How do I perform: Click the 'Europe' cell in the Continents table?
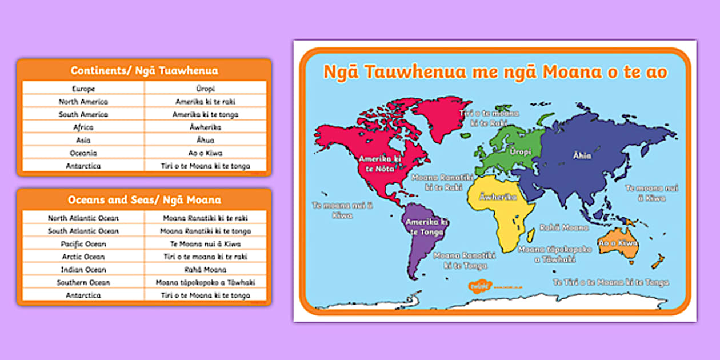pos(83,89)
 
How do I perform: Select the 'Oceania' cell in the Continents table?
pos(83,153)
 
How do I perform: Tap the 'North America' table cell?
pos(83,102)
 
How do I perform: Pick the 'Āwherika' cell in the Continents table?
pos(205,127)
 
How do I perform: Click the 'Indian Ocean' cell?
pos(83,270)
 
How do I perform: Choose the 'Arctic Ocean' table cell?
pos(83,257)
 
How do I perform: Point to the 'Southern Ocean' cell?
pos(83,282)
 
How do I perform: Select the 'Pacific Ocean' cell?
pos(83,244)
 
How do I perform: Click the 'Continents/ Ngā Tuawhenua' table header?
pos(144,71)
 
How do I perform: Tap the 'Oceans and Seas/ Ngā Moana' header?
pos(144,200)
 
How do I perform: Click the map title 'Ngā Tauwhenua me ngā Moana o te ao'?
pos(495,73)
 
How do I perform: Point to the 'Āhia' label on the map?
pos(582,155)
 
